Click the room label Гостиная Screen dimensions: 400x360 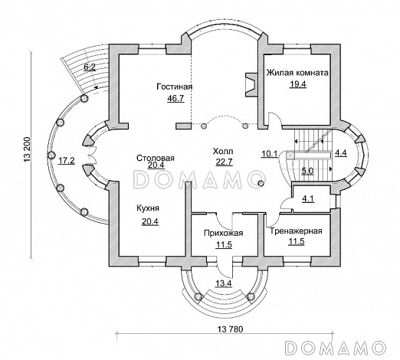pyautogui.click(x=175, y=87)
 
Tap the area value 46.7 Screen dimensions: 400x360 pyautogui.click(x=175, y=98)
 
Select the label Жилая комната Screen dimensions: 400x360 pyautogui.click(x=297, y=73)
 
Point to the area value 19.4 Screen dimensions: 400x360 pyautogui.click(x=297, y=84)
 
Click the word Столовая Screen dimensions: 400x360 pyautogui.click(x=156, y=158)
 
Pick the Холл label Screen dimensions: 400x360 pyautogui.click(x=223, y=152)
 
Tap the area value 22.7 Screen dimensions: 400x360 pyautogui.click(x=224, y=162)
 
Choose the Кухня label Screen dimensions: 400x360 pyautogui.click(x=148, y=208)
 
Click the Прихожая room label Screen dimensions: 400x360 pyautogui.click(x=223, y=234)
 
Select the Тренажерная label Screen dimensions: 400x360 pyautogui.click(x=296, y=231)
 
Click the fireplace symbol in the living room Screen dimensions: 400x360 pyautogui.click(x=251, y=85)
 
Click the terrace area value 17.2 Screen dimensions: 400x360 pyautogui.click(x=66, y=161)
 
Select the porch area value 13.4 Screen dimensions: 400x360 pyautogui.click(x=223, y=283)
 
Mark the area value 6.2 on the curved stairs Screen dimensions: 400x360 pyautogui.click(x=90, y=67)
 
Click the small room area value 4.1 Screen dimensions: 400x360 pyautogui.click(x=308, y=199)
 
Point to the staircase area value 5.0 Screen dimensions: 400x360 pyautogui.click(x=307, y=171)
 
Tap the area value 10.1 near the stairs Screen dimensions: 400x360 pyautogui.click(x=270, y=154)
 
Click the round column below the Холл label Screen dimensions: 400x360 pyautogui.click(x=261, y=183)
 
